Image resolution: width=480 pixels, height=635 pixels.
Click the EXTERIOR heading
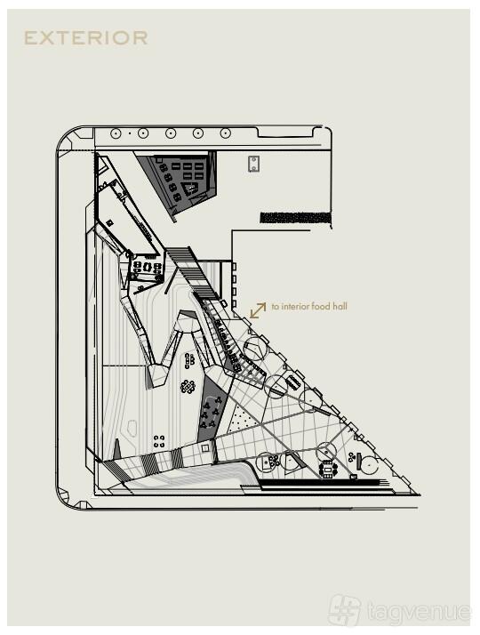(86, 38)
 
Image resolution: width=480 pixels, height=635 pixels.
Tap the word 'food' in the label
(320, 306)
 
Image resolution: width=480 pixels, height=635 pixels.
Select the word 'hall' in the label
(340, 306)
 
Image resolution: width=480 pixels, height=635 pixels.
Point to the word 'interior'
(294, 306)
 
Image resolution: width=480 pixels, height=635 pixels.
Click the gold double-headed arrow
(258, 310)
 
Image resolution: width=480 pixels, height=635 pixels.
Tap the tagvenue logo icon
(344, 610)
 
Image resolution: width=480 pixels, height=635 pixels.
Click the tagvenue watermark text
(420, 612)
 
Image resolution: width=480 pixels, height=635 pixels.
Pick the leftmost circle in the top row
(116, 133)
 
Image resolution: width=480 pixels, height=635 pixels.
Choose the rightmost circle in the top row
(226, 133)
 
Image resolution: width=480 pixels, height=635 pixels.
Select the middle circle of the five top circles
(171, 133)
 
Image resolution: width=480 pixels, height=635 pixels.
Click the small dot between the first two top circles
(130, 133)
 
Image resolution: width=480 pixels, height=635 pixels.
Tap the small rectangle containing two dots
(253, 164)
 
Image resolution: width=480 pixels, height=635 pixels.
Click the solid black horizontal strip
(295, 218)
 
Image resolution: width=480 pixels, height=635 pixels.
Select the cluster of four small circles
(159, 441)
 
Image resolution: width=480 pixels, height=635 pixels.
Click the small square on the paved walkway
(205, 448)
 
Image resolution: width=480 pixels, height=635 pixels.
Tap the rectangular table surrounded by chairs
(328, 469)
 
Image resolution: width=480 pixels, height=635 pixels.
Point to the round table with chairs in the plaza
(188, 386)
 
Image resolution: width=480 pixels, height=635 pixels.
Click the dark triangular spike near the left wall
(117, 449)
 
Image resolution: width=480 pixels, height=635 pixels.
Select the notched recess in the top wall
(285, 133)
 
